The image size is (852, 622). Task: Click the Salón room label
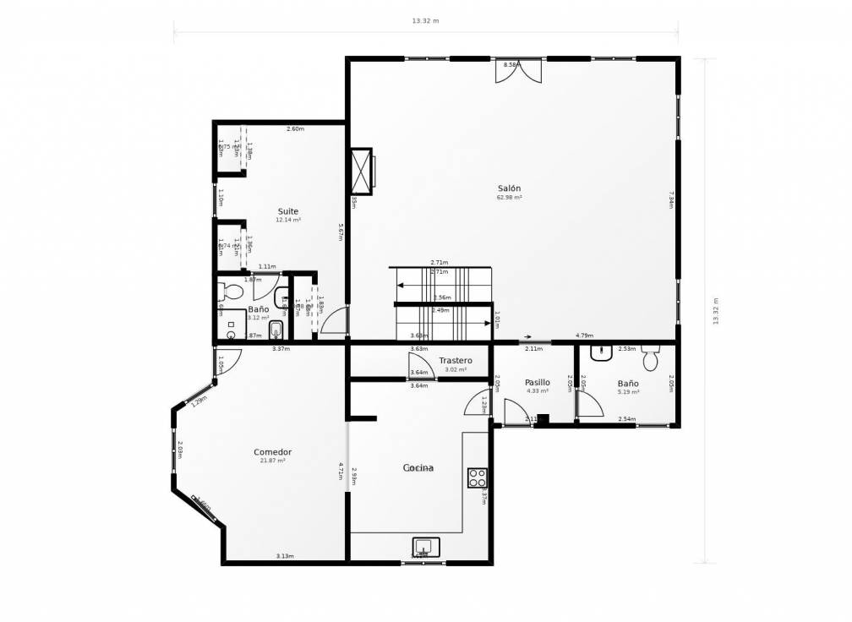point(509,188)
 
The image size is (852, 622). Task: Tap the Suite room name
point(288,211)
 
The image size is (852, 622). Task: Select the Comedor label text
point(272,452)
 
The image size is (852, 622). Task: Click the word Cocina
point(418,467)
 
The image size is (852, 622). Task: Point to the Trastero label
point(456,361)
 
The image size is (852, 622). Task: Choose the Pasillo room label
point(538,382)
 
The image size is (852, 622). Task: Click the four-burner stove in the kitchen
point(478,477)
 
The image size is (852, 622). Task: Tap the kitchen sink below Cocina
point(426,547)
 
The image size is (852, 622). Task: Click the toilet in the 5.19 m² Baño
point(650,359)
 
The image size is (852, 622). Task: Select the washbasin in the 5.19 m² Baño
point(602,353)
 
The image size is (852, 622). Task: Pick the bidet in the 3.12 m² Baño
point(276,329)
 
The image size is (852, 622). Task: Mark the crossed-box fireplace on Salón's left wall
point(362,171)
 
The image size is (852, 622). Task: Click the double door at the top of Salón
point(518,72)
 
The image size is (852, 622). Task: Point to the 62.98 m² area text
point(509,198)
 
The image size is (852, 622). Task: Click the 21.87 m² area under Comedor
point(272,461)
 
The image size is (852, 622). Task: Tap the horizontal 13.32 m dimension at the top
point(425,21)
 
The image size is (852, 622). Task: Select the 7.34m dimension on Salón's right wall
point(670,199)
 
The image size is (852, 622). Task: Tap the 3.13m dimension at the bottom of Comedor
point(285,556)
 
